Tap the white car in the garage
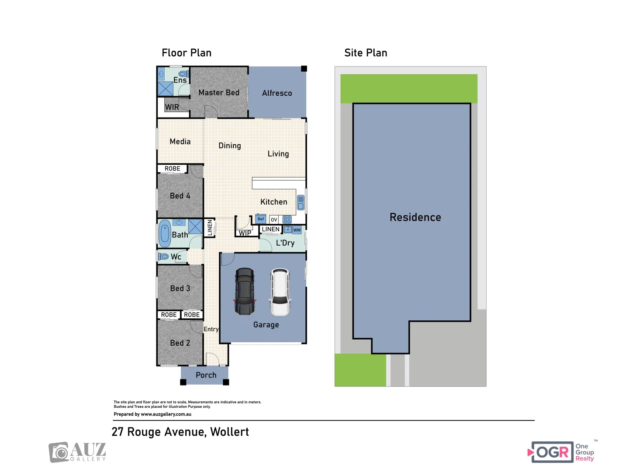click(280, 292)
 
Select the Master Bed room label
click(219, 93)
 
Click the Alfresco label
click(277, 93)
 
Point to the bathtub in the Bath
click(165, 234)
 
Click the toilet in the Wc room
click(164, 257)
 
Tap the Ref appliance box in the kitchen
click(261, 219)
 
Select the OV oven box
click(274, 219)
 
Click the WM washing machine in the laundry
click(297, 230)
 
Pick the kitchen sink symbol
click(301, 203)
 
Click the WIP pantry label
click(245, 233)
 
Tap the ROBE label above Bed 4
click(172, 169)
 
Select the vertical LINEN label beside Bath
click(210, 228)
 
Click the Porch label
click(206, 375)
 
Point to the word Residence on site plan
click(415, 217)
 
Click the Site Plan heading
click(366, 53)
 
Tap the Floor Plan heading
click(187, 53)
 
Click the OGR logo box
click(553, 452)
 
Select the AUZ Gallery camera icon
click(59, 452)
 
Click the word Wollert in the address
click(229, 432)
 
